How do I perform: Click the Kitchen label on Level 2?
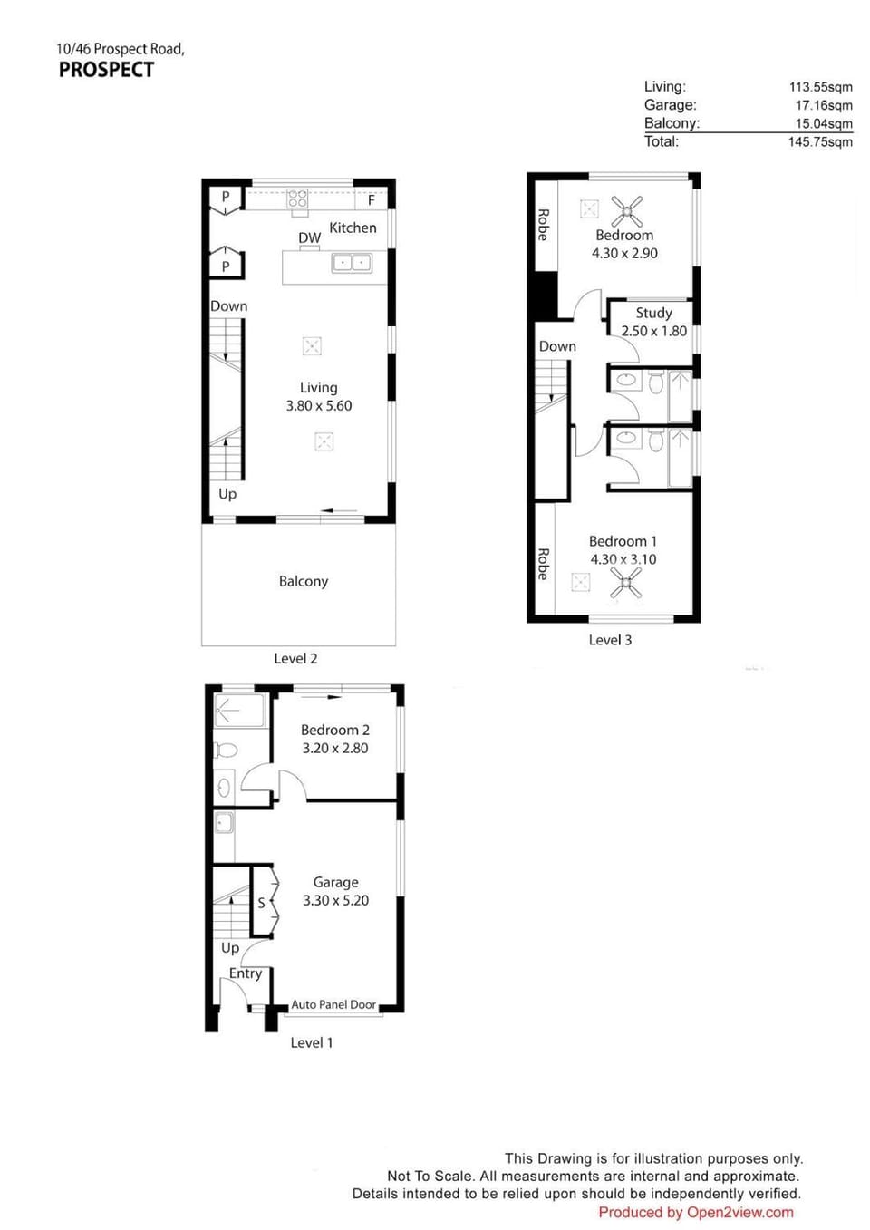(x=353, y=228)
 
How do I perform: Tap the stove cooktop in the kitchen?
(x=297, y=199)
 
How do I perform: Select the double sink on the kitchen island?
(x=352, y=263)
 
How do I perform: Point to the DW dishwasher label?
(x=310, y=237)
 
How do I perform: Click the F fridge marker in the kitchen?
(x=372, y=200)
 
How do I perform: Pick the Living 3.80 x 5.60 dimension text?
(x=319, y=406)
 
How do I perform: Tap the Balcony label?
(x=303, y=582)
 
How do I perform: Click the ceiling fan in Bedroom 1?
(x=625, y=583)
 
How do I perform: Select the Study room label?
(x=653, y=313)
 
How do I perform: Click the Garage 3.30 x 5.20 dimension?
(x=336, y=900)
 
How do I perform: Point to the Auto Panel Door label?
(x=333, y=1004)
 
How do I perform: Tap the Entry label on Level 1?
(x=246, y=973)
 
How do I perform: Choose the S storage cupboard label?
(x=261, y=903)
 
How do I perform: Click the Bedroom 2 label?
(x=334, y=730)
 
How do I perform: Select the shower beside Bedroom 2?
(x=240, y=712)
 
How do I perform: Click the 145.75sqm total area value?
(x=820, y=142)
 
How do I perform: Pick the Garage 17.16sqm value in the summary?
(x=824, y=105)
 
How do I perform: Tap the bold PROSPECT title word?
(x=107, y=70)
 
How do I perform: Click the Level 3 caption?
(x=610, y=640)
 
